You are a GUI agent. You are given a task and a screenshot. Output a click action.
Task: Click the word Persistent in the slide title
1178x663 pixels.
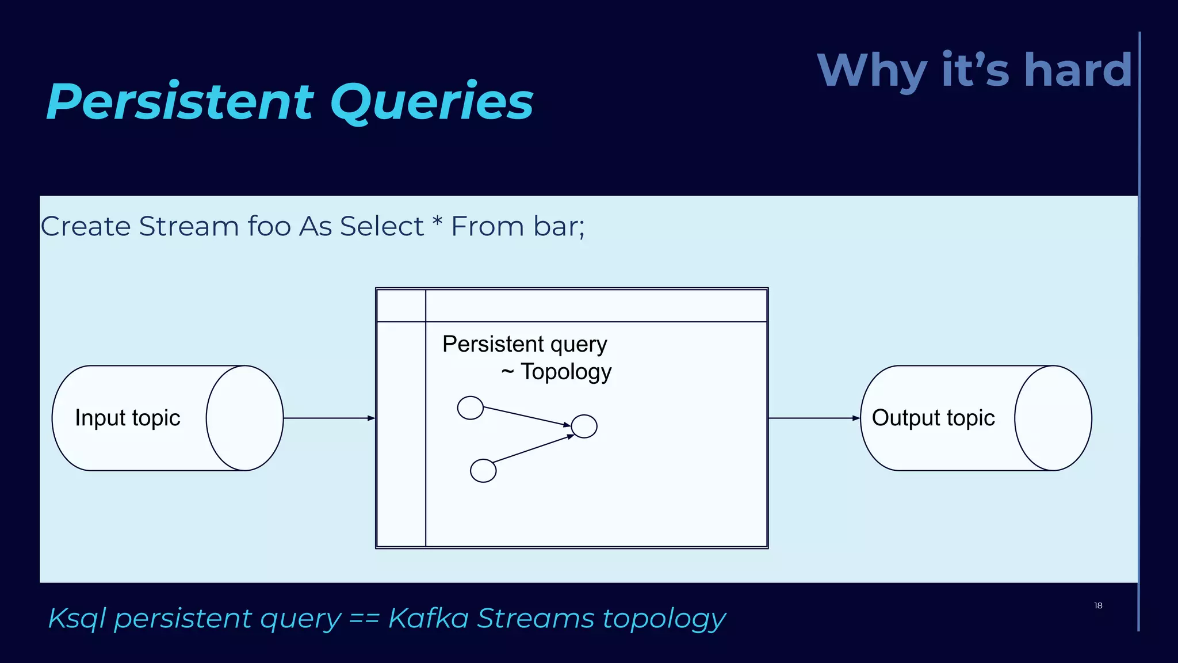[x=179, y=102]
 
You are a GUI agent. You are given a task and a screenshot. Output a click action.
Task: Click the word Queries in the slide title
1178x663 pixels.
[x=431, y=102]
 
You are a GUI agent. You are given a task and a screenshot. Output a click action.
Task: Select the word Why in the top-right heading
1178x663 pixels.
[x=871, y=70]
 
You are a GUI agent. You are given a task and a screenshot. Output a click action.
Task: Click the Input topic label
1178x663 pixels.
[x=128, y=418]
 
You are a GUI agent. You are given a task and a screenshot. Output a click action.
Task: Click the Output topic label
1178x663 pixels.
[x=933, y=418]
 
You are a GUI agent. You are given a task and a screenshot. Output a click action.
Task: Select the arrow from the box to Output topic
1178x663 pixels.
[x=814, y=418]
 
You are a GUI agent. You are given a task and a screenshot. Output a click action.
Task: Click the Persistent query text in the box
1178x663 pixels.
[x=525, y=344]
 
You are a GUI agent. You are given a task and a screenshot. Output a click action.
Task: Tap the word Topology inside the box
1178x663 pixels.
[x=566, y=372]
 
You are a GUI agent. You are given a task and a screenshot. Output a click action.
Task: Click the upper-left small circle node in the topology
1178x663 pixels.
[x=470, y=408]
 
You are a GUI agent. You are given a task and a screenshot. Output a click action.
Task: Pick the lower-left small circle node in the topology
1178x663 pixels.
[x=483, y=471]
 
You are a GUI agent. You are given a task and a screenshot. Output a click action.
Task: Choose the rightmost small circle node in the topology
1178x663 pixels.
[x=584, y=426]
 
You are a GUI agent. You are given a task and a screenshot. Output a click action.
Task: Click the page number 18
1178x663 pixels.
[x=1098, y=605]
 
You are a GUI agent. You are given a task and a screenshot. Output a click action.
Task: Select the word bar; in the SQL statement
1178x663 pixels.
[x=559, y=226]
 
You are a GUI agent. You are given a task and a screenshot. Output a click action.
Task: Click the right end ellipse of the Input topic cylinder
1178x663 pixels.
[x=244, y=418]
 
